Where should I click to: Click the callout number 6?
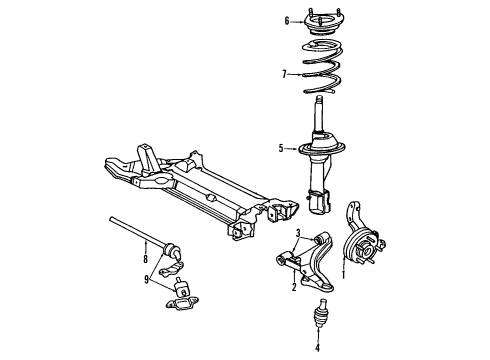(x=286, y=21)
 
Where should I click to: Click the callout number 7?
(x=285, y=73)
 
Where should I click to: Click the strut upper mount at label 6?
(x=326, y=19)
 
